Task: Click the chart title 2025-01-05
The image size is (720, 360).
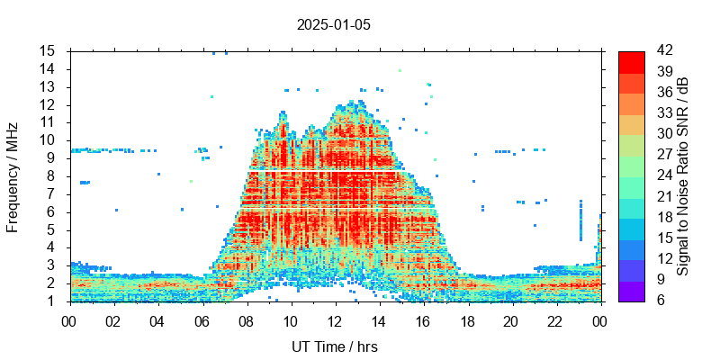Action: coord(333,24)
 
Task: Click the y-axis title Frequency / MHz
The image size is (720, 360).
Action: coord(13,175)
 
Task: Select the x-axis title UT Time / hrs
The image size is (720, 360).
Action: coord(335,346)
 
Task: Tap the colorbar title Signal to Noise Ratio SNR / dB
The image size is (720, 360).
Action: coord(683,175)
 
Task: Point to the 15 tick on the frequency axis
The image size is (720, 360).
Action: coord(48,50)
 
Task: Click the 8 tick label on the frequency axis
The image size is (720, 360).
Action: coord(52,175)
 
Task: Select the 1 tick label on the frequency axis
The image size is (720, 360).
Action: coord(52,301)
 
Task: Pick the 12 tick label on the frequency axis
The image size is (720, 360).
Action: coord(48,104)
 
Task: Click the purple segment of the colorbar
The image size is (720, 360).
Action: coord(632,291)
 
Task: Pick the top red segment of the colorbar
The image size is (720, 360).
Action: coord(632,61)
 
